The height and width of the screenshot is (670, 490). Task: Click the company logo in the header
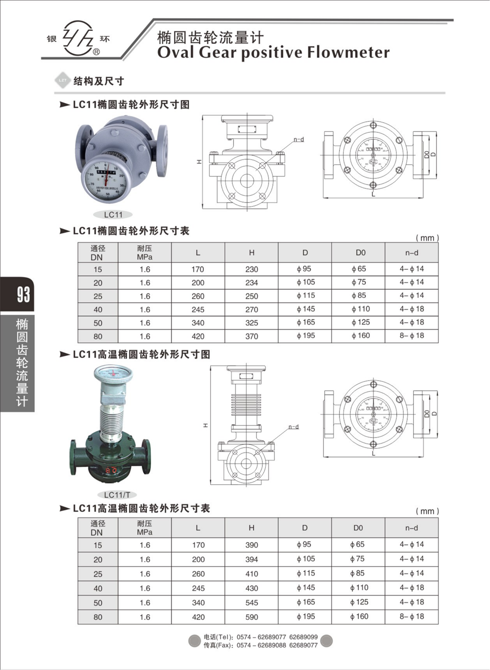(78, 38)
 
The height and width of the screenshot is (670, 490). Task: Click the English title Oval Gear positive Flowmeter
(273, 52)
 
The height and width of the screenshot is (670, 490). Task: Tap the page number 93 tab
(23, 294)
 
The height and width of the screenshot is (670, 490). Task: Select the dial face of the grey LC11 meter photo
(104, 180)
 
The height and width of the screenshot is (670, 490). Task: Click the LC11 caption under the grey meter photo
(113, 215)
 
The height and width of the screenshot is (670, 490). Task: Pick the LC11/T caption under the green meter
(117, 495)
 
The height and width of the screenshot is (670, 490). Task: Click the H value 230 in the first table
(251, 269)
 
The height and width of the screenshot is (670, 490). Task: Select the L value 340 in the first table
(198, 323)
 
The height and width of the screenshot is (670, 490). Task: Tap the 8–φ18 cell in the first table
(412, 336)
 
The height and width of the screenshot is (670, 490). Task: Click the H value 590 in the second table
(251, 617)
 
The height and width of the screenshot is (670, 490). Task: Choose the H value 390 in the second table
(251, 545)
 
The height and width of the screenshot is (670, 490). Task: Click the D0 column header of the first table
(360, 253)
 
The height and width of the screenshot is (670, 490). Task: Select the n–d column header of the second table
(412, 528)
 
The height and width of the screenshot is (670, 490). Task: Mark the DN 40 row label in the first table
(98, 309)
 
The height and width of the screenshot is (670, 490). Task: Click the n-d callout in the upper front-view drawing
(299, 139)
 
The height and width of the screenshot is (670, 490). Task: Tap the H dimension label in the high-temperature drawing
(206, 425)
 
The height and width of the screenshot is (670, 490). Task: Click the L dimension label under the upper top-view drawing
(373, 195)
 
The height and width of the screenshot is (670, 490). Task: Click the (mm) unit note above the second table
(427, 511)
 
